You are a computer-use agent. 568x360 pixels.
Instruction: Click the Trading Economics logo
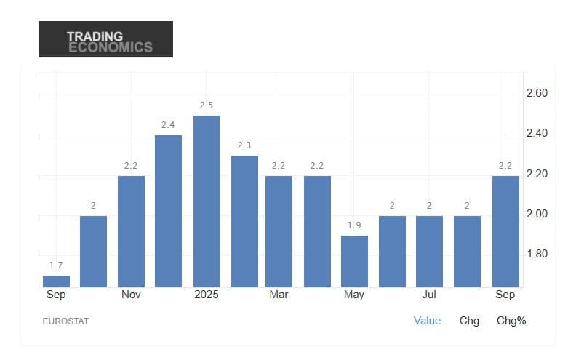pyautogui.click(x=105, y=39)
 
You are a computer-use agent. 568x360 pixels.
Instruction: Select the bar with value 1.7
pyautogui.click(x=56, y=281)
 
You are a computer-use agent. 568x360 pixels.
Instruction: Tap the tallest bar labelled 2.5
pyautogui.click(x=207, y=201)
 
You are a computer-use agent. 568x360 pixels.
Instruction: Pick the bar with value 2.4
pyautogui.click(x=169, y=211)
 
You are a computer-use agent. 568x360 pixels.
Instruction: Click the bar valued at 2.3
pyautogui.click(x=244, y=221)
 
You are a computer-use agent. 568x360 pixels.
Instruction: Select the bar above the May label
pyautogui.click(x=354, y=261)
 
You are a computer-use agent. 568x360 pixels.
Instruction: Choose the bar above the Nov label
pyautogui.click(x=131, y=231)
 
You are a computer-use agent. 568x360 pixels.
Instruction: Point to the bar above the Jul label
pyautogui.click(x=429, y=251)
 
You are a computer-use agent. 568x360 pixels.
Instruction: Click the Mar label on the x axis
pyautogui.click(x=279, y=295)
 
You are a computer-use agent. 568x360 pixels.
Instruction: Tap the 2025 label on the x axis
pyautogui.click(x=207, y=295)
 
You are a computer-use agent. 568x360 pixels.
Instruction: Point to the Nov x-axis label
pyautogui.click(x=131, y=295)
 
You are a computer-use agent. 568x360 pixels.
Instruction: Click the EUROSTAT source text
pyautogui.click(x=65, y=321)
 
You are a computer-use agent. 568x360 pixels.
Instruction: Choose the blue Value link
pyautogui.click(x=427, y=320)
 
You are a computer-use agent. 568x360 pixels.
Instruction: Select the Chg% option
pyautogui.click(x=511, y=320)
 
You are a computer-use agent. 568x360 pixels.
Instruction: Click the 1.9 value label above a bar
pyautogui.click(x=354, y=225)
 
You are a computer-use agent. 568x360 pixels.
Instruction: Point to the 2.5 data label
pyautogui.click(x=207, y=105)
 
